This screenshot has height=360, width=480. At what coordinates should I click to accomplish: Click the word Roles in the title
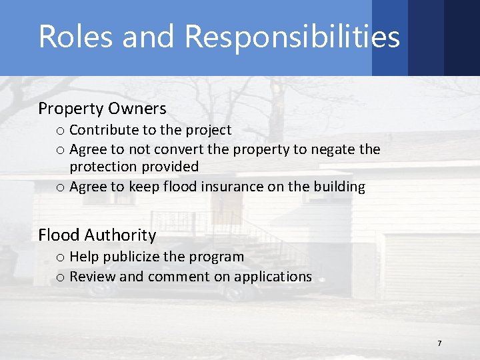(x=66, y=37)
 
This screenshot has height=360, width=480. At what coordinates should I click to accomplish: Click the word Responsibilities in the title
(x=292, y=37)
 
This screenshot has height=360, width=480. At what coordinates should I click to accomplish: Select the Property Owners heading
(x=102, y=108)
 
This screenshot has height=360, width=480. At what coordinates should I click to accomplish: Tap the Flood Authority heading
(x=97, y=235)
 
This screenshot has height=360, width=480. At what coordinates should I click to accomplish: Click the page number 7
(x=439, y=343)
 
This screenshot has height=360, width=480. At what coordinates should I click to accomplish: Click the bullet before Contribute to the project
(x=61, y=131)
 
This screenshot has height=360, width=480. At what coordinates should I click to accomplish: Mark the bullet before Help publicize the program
(x=61, y=257)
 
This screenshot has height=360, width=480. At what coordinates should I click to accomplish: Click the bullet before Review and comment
(x=61, y=277)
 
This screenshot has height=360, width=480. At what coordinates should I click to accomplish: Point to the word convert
(x=177, y=149)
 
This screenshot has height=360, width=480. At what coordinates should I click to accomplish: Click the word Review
(x=92, y=276)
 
